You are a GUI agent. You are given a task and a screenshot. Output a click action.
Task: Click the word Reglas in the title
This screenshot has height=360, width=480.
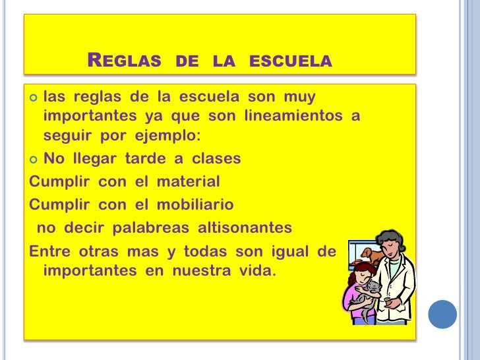click(x=124, y=62)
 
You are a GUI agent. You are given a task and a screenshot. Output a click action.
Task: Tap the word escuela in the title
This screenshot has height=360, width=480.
click(x=290, y=62)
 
